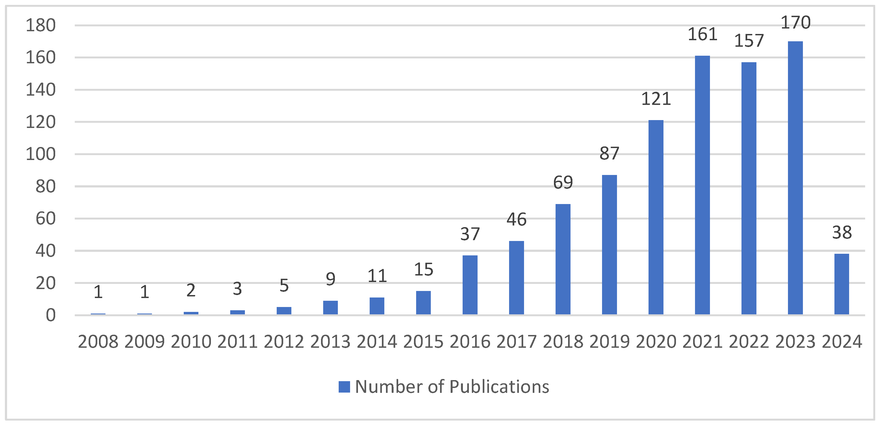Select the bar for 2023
pyautogui.click(x=795, y=178)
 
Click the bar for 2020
pyautogui.click(x=656, y=217)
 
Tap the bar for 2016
pyautogui.click(x=470, y=285)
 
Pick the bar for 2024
pyautogui.click(x=842, y=284)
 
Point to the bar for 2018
pyautogui.click(x=563, y=259)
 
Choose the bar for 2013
pyautogui.click(x=331, y=308)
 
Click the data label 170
pyautogui.click(x=795, y=23)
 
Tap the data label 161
pyautogui.click(x=703, y=35)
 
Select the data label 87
pyautogui.click(x=609, y=154)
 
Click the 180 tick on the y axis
pyautogui.click(x=41, y=26)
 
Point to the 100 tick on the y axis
pyautogui.click(x=41, y=154)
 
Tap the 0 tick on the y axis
pyautogui.click(x=51, y=315)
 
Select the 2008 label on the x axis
pyautogui.click(x=98, y=342)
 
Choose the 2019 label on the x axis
pyautogui.click(x=609, y=342)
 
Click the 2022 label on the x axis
pyautogui.click(x=749, y=342)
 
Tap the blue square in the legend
pyautogui.click(x=344, y=387)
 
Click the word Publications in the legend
pyautogui.click(x=499, y=387)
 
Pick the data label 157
pyautogui.click(x=749, y=41)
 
